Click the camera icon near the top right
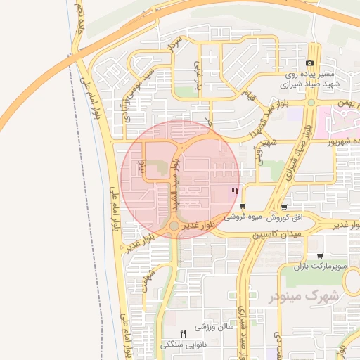pos(309,63)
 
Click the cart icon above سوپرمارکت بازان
pos(320,256)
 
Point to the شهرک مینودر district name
pos(304,296)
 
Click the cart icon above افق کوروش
pos(283,207)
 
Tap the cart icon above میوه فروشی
pos(243,207)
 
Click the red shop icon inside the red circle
pos(235,191)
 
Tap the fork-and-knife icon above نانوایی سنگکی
pos(183,333)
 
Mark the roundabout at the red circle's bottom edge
pos(174,226)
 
